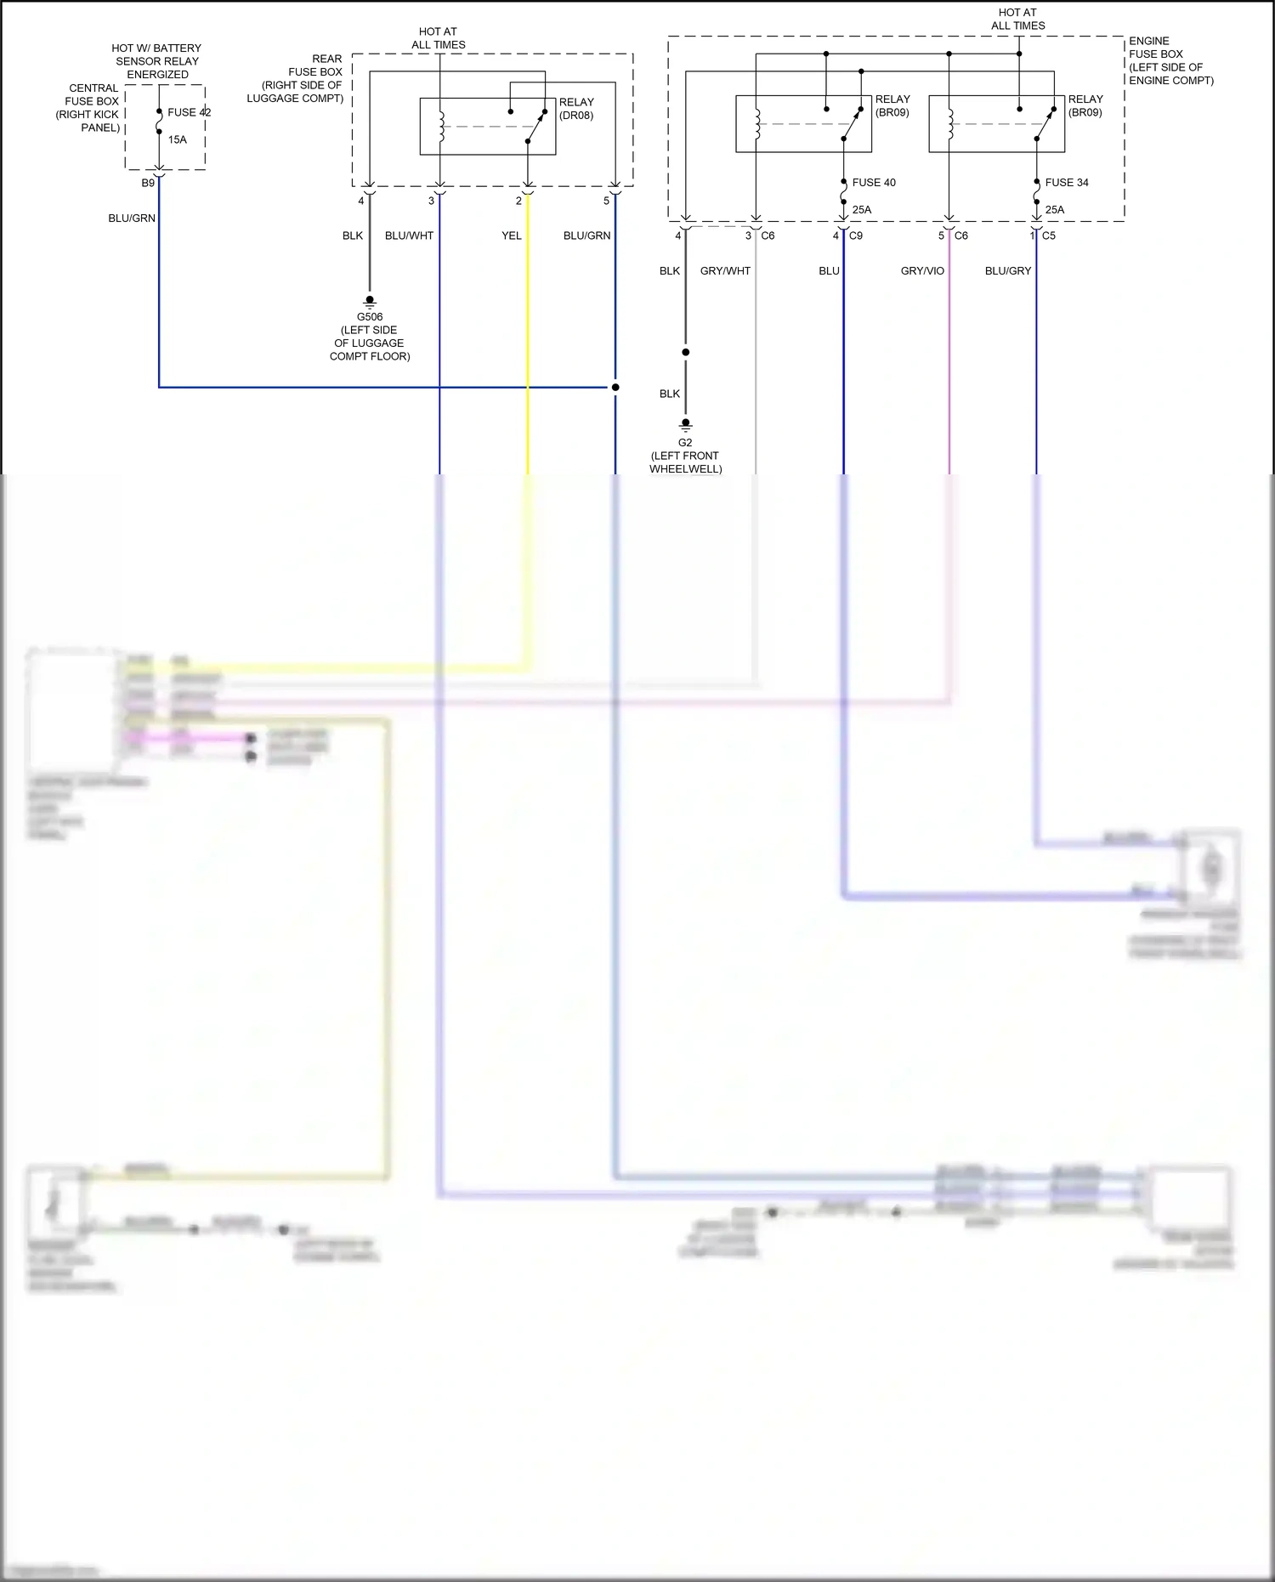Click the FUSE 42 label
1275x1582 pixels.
tap(189, 112)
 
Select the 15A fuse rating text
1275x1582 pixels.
tap(177, 139)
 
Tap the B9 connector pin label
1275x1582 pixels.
tap(148, 183)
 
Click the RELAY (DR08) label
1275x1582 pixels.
tap(576, 109)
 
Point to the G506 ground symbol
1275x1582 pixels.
tap(370, 301)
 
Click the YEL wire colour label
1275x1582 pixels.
tap(511, 235)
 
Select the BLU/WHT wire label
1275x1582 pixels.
tap(409, 235)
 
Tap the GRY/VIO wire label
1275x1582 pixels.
tap(922, 270)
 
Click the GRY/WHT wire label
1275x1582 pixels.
tap(725, 270)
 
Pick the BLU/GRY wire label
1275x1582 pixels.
tap(1008, 270)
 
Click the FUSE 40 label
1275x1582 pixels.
tap(874, 183)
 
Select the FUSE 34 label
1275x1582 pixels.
tap(1067, 183)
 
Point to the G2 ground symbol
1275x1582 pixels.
tap(685, 424)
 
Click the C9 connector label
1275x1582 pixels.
tap(856, 235)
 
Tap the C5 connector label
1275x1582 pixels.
tap(1049, 235)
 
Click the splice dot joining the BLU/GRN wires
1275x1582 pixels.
tap(615, 387)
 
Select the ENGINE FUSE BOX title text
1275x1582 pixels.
tap(1170, 60)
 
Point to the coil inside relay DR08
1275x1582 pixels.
tap(441, 126)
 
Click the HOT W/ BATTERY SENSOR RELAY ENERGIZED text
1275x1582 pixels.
tap(157, 61)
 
